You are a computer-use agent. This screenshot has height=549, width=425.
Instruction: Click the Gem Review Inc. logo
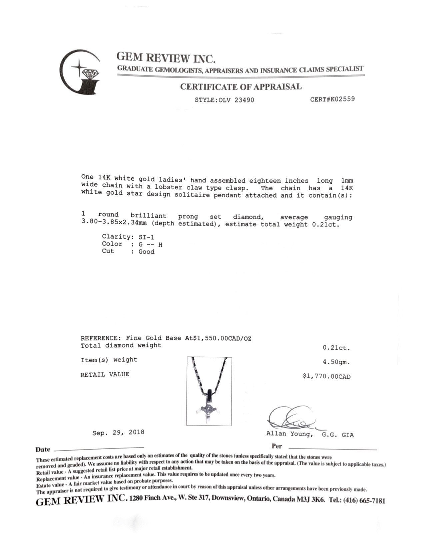click(x=80, y=72)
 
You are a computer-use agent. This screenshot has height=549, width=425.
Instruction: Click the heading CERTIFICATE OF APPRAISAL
click(x=241, y=87)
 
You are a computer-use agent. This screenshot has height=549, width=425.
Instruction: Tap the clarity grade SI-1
click(x=146, y=237)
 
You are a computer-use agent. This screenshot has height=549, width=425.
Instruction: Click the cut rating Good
click(x=146, y=252)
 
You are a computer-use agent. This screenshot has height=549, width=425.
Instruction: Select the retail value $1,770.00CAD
click(x=326, y=376)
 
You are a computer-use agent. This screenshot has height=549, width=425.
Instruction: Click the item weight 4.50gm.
click(x=336, y=362)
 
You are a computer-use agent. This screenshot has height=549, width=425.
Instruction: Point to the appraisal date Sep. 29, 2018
click(x=118, y=432)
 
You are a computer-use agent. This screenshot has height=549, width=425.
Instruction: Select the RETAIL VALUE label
click(x=105, y=374)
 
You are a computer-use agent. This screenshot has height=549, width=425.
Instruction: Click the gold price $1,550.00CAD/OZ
click(x=222, y=338)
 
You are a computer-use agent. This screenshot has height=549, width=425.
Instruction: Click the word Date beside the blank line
click(x=43, y=450)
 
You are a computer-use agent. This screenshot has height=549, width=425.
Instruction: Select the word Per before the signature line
click(x=276, y=446)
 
